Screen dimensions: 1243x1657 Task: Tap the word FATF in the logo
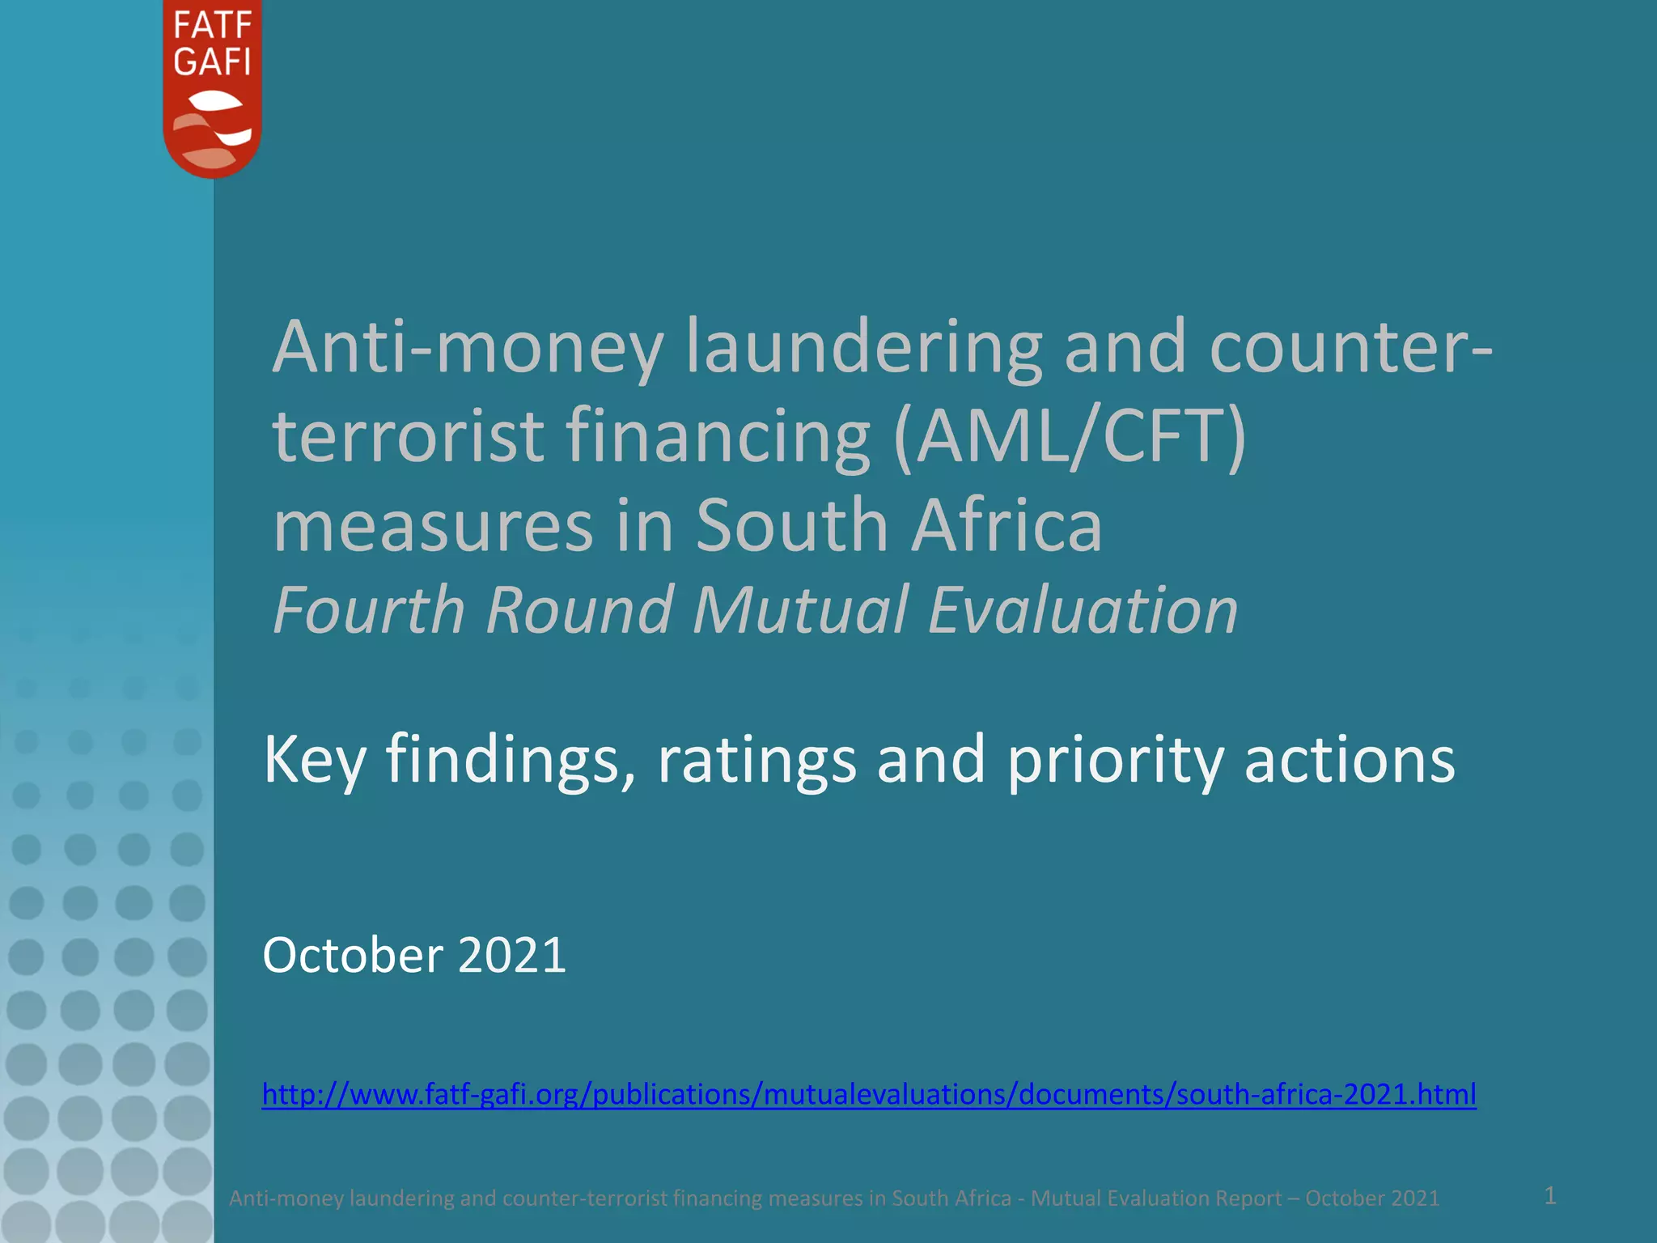click(212, 26)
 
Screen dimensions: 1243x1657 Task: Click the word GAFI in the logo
click(212, 62)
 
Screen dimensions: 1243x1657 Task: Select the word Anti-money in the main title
click(468, 348)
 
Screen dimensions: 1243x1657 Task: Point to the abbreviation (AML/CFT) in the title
click(1070, 437)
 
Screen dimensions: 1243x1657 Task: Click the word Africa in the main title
click(1007, 526)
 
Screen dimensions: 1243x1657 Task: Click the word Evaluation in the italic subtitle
click(1083, 610)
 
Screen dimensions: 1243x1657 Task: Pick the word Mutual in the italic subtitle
click(800, 610)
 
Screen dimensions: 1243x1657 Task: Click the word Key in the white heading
click(314, 761)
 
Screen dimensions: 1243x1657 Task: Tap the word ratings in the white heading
click(756, 761)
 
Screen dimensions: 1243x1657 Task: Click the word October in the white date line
click(353, 956)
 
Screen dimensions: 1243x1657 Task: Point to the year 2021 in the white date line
click(512, 956)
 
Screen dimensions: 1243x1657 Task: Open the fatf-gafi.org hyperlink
click(869, 1094)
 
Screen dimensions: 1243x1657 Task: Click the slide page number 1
click(1550, 1195)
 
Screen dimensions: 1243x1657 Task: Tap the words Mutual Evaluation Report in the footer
click(1156, 1198)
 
